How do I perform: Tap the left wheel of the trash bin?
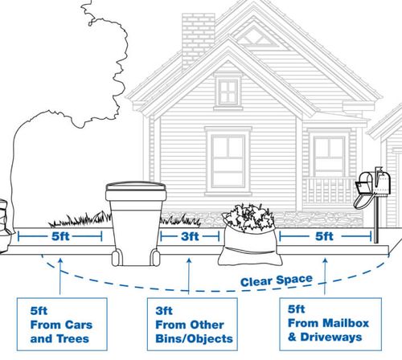(117, 256)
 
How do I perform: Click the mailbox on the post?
(368, 182)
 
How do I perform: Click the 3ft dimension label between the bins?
(189, 237)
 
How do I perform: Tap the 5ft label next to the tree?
(60, 237)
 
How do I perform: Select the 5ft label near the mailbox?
(324, 237)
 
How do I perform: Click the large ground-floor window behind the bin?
(228, 158)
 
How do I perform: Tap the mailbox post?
(374, 219)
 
